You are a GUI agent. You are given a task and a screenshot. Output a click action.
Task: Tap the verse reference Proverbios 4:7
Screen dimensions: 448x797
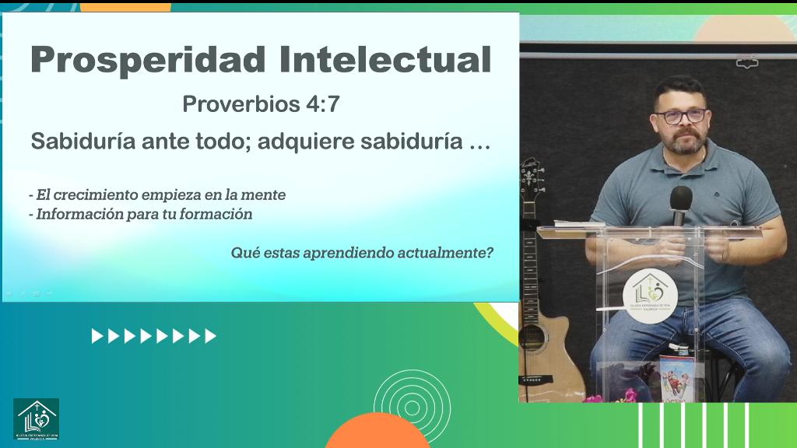(x=261, y=104)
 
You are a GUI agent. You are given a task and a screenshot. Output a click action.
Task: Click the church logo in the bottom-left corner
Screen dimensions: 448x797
(x=36, y=419)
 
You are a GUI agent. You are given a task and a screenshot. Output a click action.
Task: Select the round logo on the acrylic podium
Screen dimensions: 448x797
(x=650, y=295)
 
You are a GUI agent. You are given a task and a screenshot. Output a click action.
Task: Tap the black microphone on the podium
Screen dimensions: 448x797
(x=681, y=201)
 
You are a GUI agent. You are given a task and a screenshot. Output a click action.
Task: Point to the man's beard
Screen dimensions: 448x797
(x=685, y=143)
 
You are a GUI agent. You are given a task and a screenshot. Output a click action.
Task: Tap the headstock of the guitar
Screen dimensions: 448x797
(x=532, y=176)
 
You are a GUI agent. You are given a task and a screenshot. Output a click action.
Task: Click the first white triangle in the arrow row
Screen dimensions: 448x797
(x=97, y=336)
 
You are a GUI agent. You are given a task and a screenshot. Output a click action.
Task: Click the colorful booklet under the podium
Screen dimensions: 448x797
(x=675, y=377)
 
